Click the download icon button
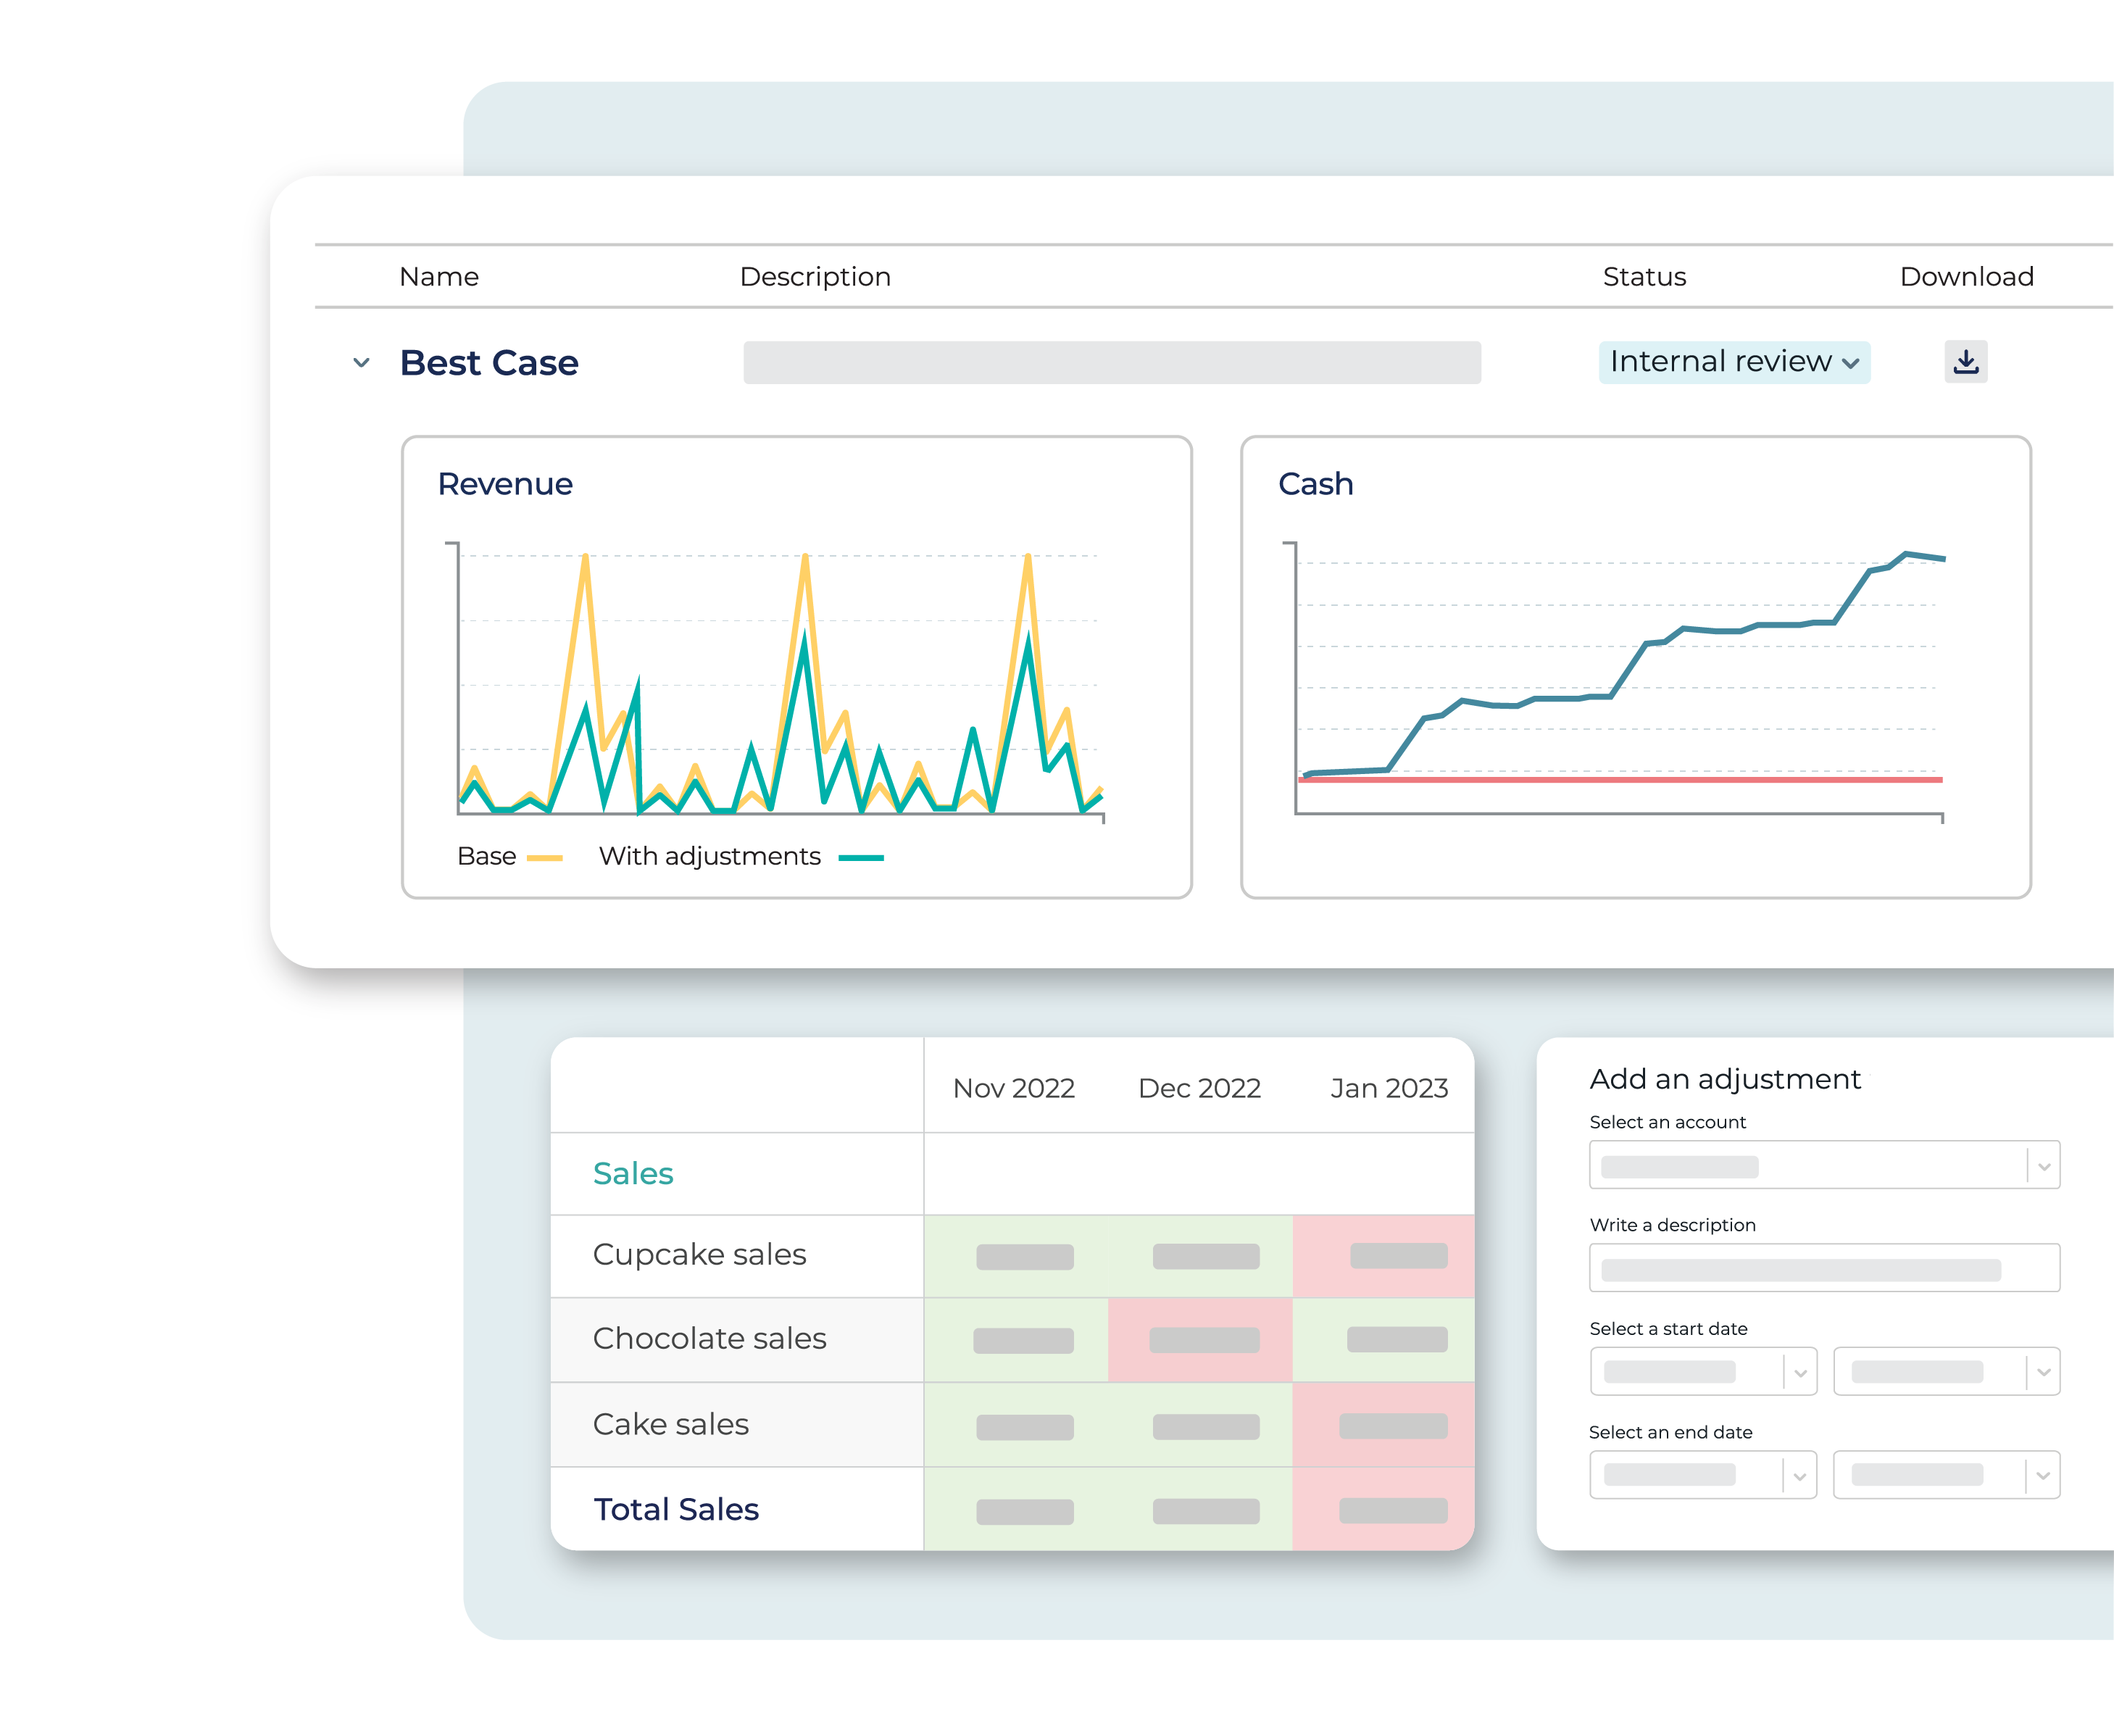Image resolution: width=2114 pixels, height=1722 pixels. [x=1965, y=362]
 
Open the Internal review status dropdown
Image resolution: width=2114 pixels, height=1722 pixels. [x=1733, y=362]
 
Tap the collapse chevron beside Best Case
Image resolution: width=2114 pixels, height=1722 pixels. [x=361, y=363]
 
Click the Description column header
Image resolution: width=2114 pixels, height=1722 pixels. [x=815, y=277]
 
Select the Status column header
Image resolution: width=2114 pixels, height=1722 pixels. [x=1644, y=277]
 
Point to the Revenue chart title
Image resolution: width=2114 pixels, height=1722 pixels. [x=505, y=484]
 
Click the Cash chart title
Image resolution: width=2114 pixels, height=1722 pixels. [x=1315, y=484]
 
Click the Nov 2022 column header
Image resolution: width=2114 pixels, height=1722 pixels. [x=1013, y=1088]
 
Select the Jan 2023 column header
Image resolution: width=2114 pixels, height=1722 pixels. [x=1388, y=1088]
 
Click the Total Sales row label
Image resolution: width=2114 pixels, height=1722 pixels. [x=675, y=1510]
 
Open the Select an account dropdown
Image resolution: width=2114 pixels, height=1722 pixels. [x=1823, y=1165]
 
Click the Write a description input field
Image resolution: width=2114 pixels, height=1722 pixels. [x=1823, y=1269]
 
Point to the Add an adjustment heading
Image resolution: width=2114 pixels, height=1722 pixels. [x=1724, y=1079]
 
